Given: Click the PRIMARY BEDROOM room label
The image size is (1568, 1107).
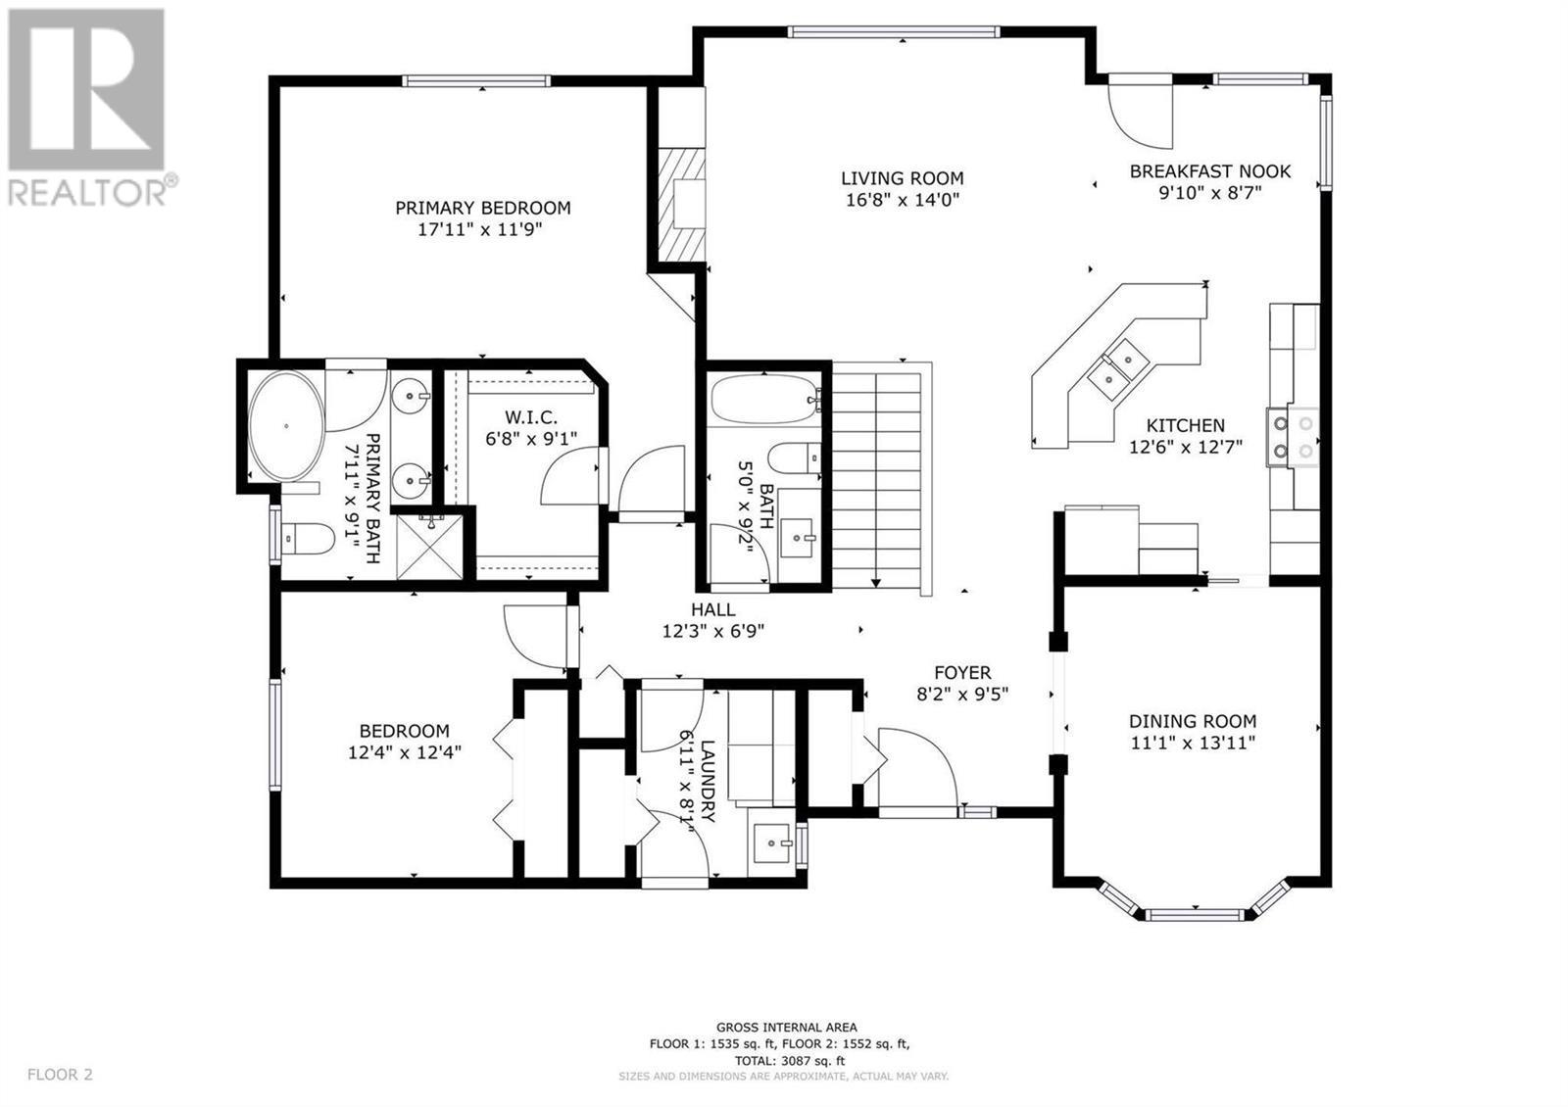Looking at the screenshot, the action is [x=483, y=208].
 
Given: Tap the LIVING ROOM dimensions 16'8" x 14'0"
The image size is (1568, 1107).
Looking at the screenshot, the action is [x=903, y=200].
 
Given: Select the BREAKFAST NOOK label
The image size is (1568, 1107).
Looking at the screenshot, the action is [x=1210, y=171].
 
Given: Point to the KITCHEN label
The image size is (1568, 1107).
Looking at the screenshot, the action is [x=1186, y=425].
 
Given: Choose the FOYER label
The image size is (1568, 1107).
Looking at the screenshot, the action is [x=962, y=673].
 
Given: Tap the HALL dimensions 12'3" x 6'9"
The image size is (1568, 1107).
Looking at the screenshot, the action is [x=713, y=631].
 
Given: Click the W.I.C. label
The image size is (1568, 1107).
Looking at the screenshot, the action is [x=531, y=417].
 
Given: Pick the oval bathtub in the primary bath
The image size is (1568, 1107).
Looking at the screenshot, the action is [x=287, y=425].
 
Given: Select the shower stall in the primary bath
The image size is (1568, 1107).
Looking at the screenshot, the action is [x=430, y=547].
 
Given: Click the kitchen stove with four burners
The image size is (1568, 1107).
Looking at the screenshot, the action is [x=1293, y=437].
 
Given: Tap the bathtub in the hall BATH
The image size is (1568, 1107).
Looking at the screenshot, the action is [x=765, y=399].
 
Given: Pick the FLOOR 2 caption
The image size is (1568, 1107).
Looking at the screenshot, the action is [x=60, y=1074].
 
